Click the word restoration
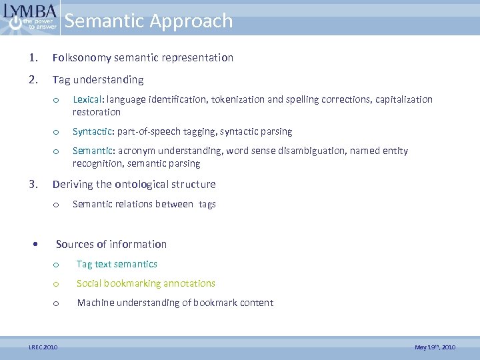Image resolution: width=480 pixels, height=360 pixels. [97, 113]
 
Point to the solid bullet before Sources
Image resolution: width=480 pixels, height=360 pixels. [35, 244]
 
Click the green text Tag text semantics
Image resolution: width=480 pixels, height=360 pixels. [117, 264]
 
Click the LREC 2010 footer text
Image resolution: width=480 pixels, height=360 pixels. [43, 347]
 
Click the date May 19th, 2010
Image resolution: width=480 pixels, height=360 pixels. [435, 347]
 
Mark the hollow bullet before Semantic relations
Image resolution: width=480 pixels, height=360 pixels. [57, 205]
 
